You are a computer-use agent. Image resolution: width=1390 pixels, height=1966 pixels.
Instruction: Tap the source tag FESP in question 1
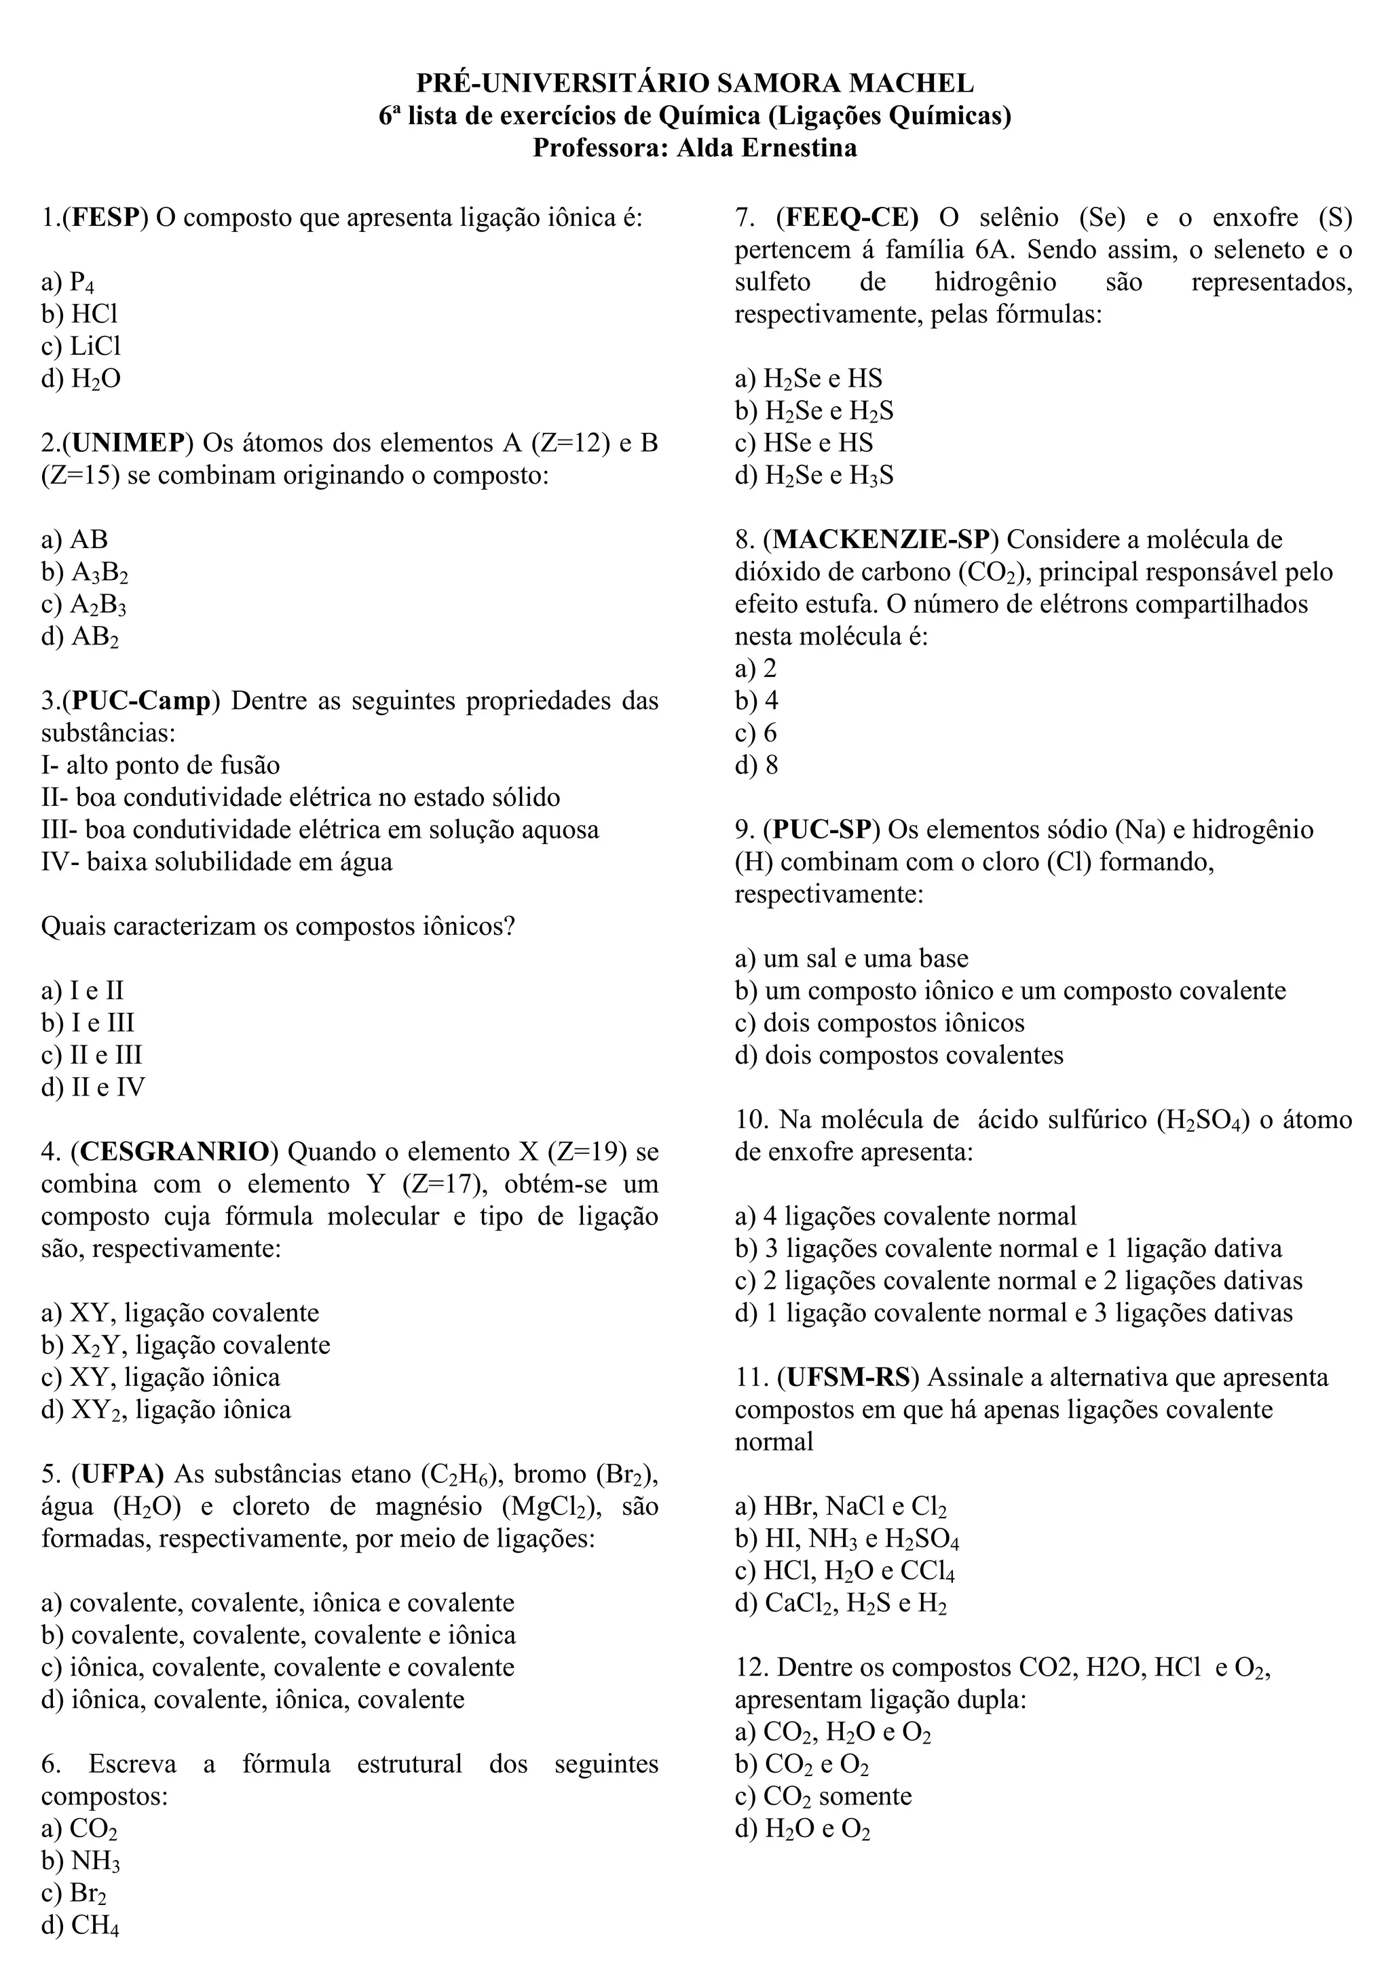105,218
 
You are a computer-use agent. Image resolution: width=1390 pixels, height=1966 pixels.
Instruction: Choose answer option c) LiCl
81,346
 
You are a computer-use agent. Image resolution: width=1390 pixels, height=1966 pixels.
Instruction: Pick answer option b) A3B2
85,572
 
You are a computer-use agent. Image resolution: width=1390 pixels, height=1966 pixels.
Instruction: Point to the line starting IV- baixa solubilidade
217,862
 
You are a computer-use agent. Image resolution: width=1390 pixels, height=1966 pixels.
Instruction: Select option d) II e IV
92,1087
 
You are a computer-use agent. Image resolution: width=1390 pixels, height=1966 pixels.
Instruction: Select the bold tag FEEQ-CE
848,218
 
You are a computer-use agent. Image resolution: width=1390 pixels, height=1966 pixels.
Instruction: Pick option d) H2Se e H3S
814,476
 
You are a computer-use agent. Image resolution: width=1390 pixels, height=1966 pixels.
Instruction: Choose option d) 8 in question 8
756,765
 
